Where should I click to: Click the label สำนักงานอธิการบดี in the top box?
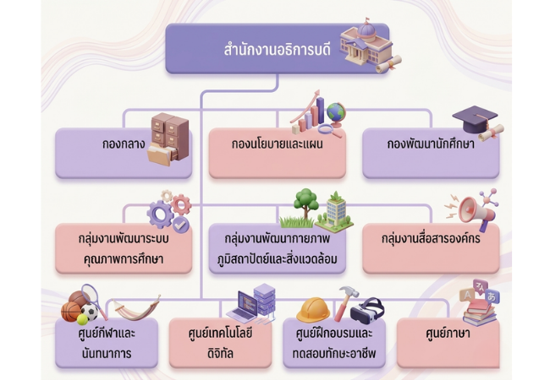point(277,50)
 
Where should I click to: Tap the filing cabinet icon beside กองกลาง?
point(169,138)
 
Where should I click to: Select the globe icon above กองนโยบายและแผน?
point(335,114)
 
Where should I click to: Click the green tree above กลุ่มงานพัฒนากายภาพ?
point(305,203)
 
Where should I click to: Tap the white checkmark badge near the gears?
point(180,225)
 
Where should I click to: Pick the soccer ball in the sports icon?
point(90,312)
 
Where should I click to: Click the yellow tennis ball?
point(83,319)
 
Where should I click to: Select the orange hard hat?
point(313,310)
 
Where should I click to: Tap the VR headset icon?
point(367,311)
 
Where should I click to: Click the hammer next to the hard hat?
point(346,302)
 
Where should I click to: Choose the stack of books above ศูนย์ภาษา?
point(480,312)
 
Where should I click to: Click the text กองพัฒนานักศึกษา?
point(431,144)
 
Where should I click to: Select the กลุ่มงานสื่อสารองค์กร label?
point(431,239)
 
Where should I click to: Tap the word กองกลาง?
point(124,144)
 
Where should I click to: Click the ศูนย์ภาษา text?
point(448,333)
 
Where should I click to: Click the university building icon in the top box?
point(366,45)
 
